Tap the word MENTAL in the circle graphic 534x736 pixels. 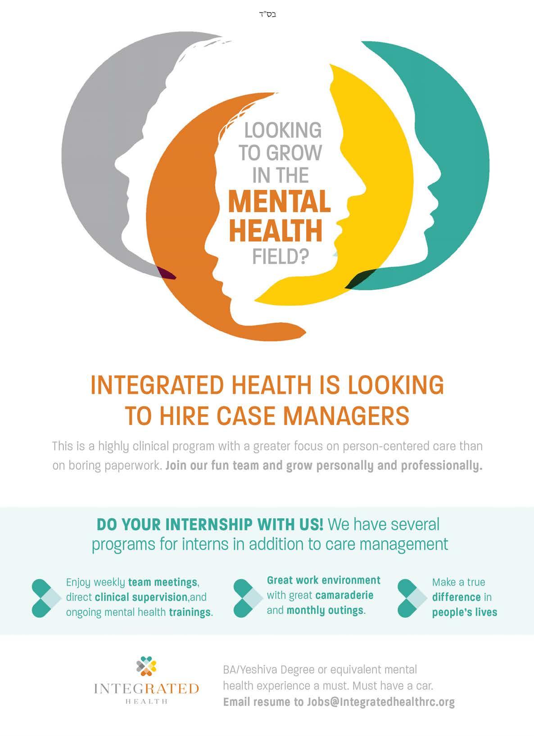(280, 202)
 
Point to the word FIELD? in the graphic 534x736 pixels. (280, 257)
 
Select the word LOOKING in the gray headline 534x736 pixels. (283, 131)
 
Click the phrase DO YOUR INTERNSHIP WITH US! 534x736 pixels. (210, 524)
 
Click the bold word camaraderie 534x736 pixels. (344, 596)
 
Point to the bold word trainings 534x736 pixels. (190, 612)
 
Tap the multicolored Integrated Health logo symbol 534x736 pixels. (146, 666)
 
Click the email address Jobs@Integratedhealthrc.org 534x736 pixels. (381, 702)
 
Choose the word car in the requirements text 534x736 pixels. (423, 686)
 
